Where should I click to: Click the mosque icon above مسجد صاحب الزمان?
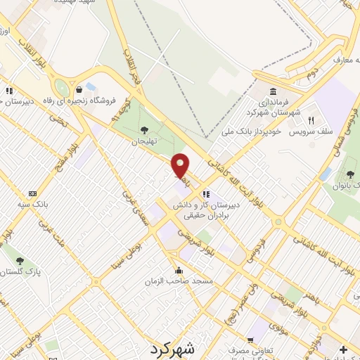click(x=179, y=270)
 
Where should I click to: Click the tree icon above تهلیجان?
click(x=144, y=129)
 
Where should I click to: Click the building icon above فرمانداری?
click(x=272, y=91)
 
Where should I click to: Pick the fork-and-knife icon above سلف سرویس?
click(x=310, y=119)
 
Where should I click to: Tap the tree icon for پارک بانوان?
click(x=349, y=173)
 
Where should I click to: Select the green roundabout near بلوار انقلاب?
click(x=62, y=88)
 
